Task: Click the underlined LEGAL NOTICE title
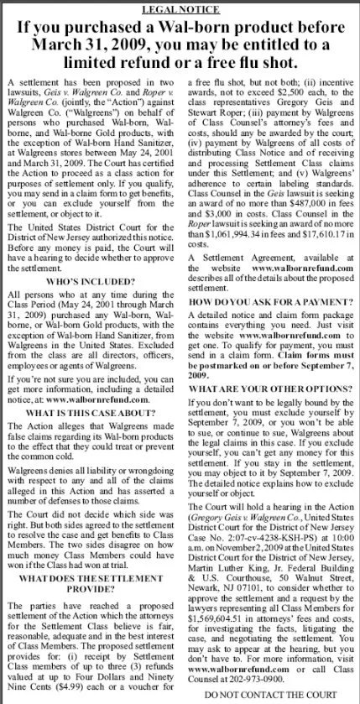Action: [180, 8]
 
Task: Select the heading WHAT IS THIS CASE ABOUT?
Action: [91, 415]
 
